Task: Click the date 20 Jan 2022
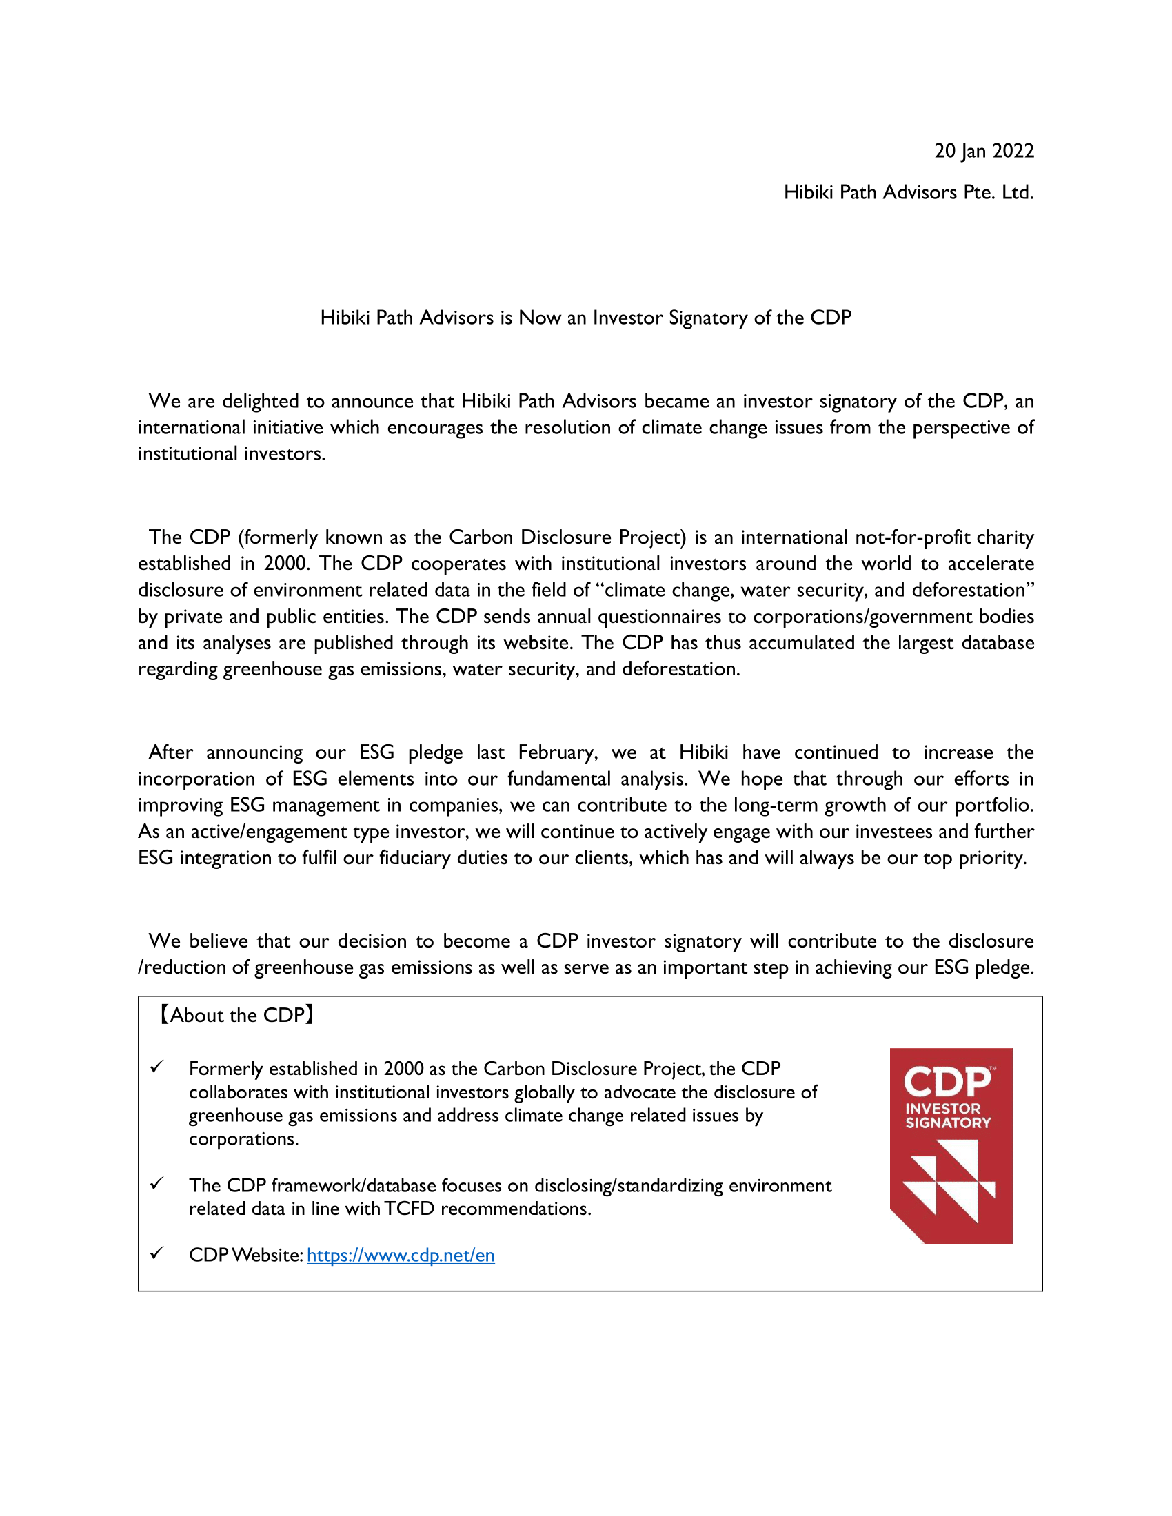[x=983, y=151]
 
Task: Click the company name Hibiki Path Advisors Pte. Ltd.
[x=908, y=192]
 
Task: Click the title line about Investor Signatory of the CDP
[x=585, y=317]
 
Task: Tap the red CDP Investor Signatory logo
[x=951, y=1145]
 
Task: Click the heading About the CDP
[x=236, y=1015]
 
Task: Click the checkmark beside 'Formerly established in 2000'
[x=158, y=1067]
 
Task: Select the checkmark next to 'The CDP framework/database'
[x=158, y=1183]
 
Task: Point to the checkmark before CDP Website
[x=158, y=1253]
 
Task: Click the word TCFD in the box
[x=409, y=1209]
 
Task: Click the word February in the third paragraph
[x=558, y=752]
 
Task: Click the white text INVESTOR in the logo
[x=942, y=1109]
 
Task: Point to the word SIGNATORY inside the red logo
[x=948, y=1123]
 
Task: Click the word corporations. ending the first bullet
[x=243, y=1139]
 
